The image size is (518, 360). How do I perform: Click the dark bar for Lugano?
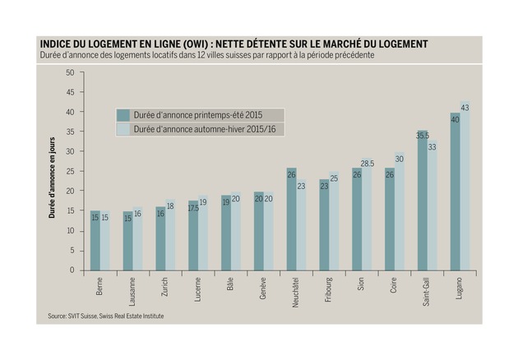[x=455, y=197]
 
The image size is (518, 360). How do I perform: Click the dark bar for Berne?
[x=95, y=243]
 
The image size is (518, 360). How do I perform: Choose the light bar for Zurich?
[x=170, y=238]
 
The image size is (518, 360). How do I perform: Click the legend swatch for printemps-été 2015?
[x=123, y=114]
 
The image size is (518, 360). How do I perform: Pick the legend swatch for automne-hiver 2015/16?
[x=123, y=129]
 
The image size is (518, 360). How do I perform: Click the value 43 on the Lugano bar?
[x=465, y=108]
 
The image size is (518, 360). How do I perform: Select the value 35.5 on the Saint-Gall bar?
[x=423, y=135]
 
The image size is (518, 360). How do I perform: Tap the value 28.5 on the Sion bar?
[x=368, y=164]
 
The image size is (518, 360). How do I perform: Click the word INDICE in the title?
[x=58, y=43]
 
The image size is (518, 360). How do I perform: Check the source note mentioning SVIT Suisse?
[x=99, y=315]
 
